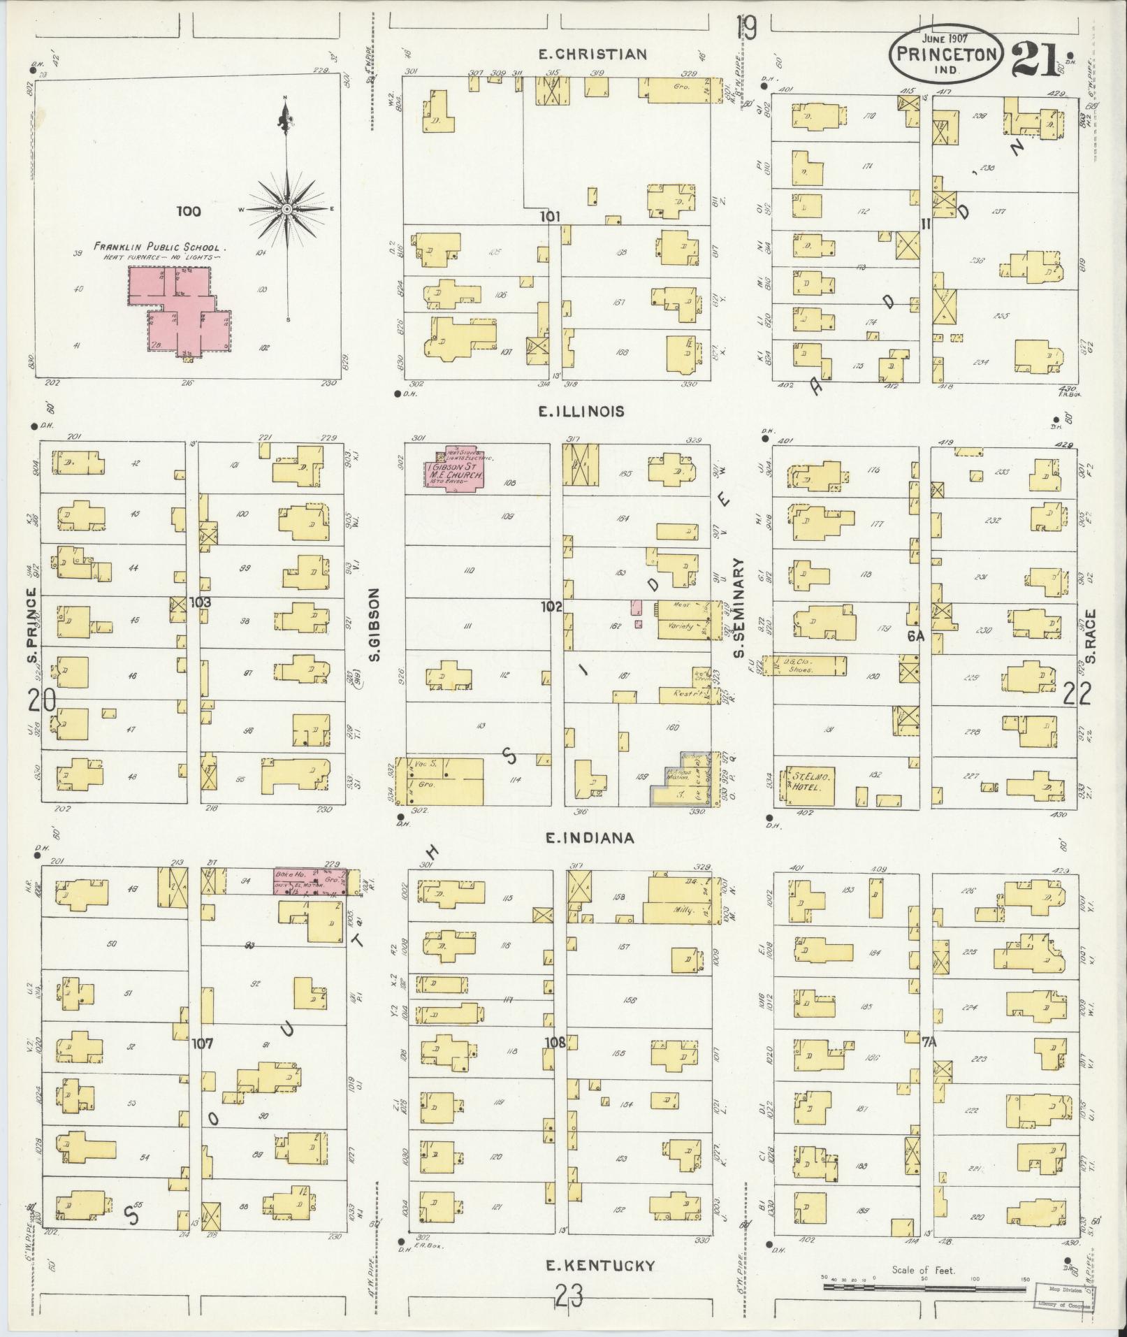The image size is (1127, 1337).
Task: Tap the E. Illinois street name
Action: tap(581, 412)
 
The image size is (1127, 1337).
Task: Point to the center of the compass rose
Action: tap(286, 209)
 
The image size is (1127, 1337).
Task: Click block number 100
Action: tap(188, 211)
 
